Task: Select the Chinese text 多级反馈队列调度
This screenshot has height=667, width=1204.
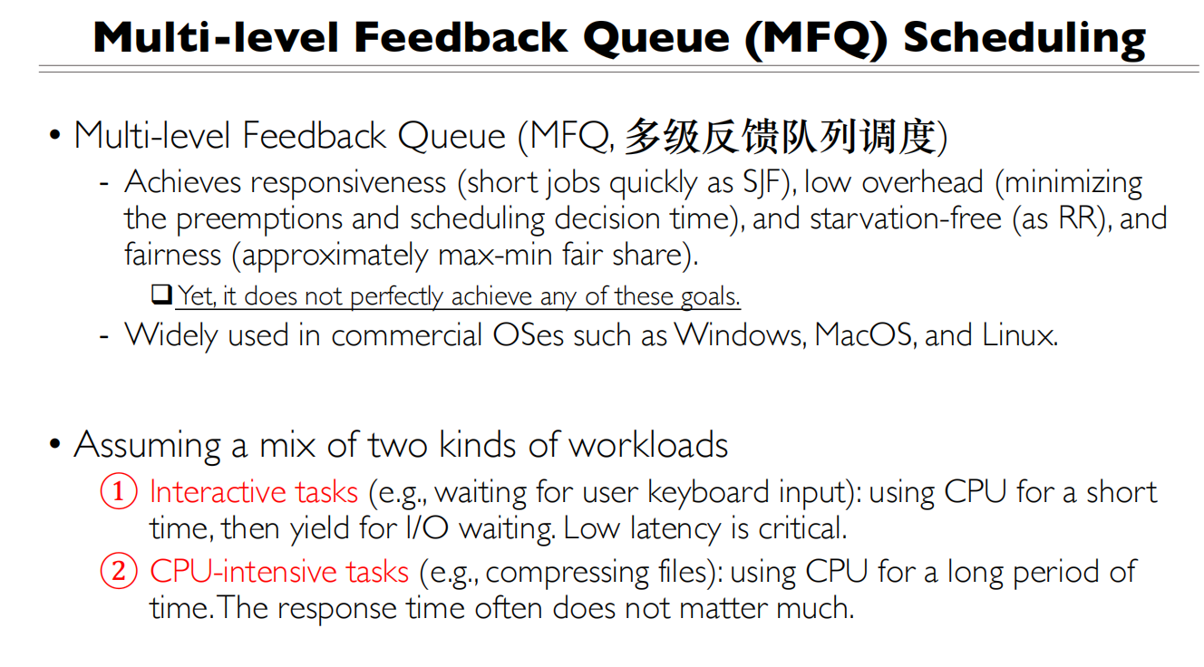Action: tap(780, 138)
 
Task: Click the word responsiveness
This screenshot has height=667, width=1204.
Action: tap(348, 183)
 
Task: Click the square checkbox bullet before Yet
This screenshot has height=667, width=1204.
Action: tap(161, 295)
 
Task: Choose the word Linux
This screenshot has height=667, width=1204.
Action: tap(1019, 335)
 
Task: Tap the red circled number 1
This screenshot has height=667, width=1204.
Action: tap(118, 492)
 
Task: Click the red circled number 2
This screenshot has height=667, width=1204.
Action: tap(118, 572)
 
